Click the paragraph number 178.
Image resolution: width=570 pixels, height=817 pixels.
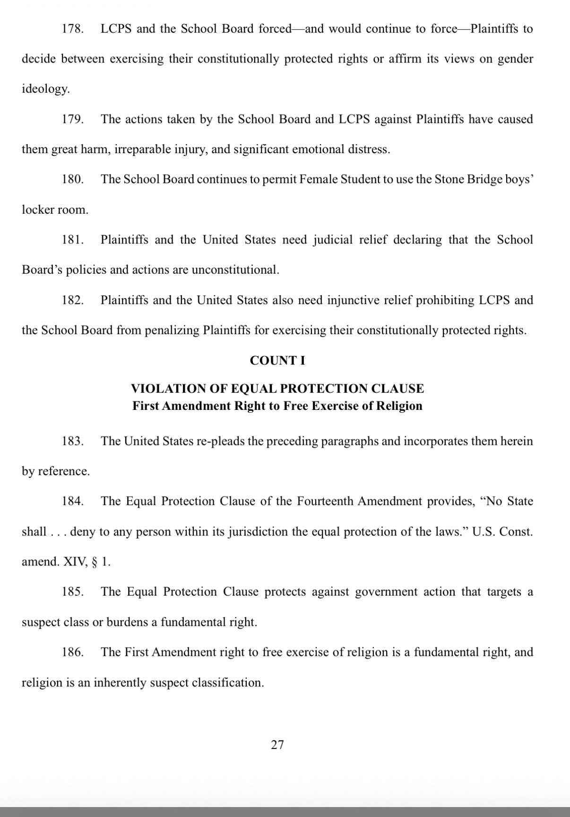72,29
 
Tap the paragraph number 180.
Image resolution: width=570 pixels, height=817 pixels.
72,179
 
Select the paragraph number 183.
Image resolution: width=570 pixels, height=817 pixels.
72,441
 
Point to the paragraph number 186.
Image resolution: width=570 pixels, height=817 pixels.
72,652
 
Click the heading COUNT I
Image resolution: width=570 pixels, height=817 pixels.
277,361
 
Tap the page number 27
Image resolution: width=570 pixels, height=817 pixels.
277,745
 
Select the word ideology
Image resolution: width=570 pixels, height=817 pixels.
45,89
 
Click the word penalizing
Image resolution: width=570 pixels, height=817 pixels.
172,330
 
